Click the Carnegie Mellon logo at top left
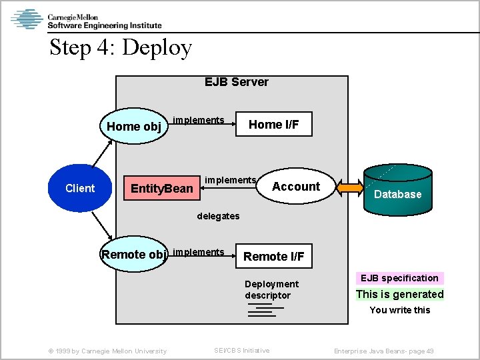tap(87, 19)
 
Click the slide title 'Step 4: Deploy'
tap(121, 48)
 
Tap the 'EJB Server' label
tap(236, 82)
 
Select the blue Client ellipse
tap(80, 189)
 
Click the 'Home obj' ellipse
tap(133, 126)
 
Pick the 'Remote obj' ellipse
tap(133, 254)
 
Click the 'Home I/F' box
tap(274, 124)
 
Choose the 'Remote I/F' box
tap(273, 256)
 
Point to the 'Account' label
tap(296, 187)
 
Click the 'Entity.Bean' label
tap(162, 189)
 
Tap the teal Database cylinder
tap(397, 189)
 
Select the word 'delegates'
tap(218, 216)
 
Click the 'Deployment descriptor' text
tap(271, 289)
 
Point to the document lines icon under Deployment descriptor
tap(263, 311)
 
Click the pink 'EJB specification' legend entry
tap(399, 278)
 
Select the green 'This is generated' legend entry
tap(399, 294)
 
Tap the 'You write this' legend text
tap(399, 310)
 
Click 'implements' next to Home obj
tap(198, 120)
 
